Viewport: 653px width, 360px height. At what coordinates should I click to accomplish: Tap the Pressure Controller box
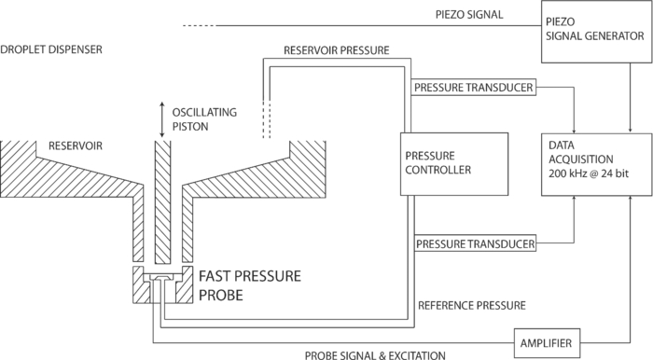pyautogui.click(x=453, y=163)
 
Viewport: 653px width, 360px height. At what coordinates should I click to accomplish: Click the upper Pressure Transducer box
pyautogui.click(x=474, y=88)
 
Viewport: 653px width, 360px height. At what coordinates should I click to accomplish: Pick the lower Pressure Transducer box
pyautogui.click(x=476, y=244)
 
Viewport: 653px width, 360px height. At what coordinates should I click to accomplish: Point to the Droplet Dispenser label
pyautogui.click(x=52, y=49)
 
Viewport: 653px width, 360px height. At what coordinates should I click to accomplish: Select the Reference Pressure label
pyautogui.click(x=472, y=304)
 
